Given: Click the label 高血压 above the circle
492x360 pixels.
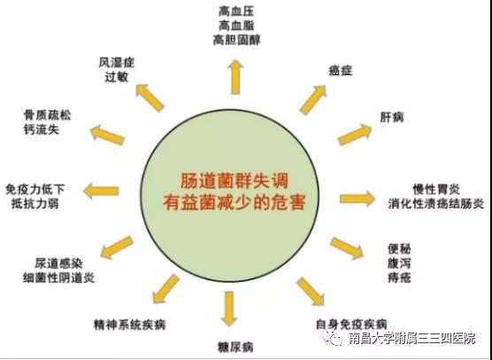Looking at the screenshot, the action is (236, 11).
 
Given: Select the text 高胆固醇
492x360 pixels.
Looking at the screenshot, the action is (236, 40).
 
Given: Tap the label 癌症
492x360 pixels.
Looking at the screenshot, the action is (340, 71).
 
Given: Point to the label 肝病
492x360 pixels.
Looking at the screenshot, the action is (392, 118).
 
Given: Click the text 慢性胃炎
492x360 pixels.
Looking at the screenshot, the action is (436, 189).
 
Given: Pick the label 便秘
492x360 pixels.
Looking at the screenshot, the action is (399, 249).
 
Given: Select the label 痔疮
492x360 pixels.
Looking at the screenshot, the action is (399, 278).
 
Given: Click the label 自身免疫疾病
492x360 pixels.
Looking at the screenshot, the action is (351, 325).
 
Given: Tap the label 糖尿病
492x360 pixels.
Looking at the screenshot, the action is (235, 347).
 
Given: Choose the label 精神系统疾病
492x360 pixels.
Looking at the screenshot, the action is (129, 325).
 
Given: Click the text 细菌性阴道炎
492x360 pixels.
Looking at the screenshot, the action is (59, 278).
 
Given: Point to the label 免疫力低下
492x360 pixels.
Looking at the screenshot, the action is (35, 189).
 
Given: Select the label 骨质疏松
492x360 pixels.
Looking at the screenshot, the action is (47, 115).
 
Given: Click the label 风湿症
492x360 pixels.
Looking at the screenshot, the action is (117, 63).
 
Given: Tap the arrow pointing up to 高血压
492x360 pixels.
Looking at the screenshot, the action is (235, 77).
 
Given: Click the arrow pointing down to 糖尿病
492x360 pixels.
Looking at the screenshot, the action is (229, 309).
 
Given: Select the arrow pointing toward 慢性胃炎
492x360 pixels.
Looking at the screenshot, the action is (357, 198).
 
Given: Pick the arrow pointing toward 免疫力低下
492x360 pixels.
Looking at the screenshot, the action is (101, 191).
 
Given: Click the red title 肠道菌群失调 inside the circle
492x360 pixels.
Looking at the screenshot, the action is (234, 181).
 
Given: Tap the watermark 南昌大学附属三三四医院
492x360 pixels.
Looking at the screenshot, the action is (412, 339).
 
